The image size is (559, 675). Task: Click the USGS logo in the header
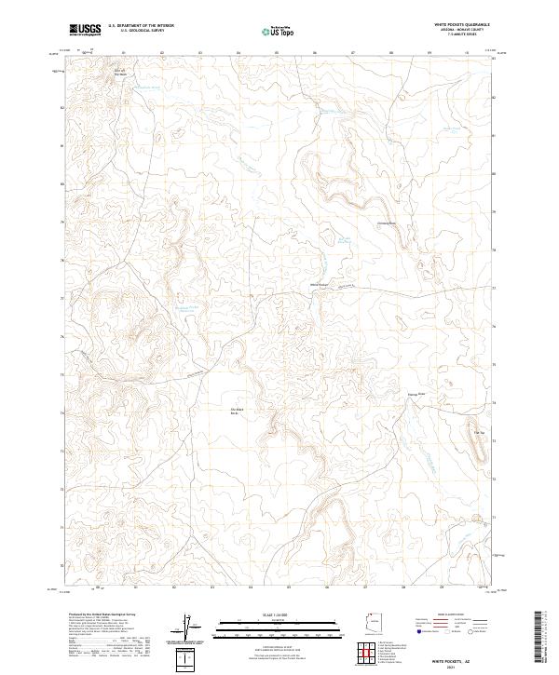coord(86,30)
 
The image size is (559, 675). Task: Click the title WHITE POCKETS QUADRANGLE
coord(463,25)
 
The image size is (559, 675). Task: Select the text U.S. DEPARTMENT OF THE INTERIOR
coord(141,26)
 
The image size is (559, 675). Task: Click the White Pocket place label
coord(320,285)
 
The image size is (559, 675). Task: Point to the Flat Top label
coord(482,433)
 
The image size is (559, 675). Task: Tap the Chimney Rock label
coord(387,223)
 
